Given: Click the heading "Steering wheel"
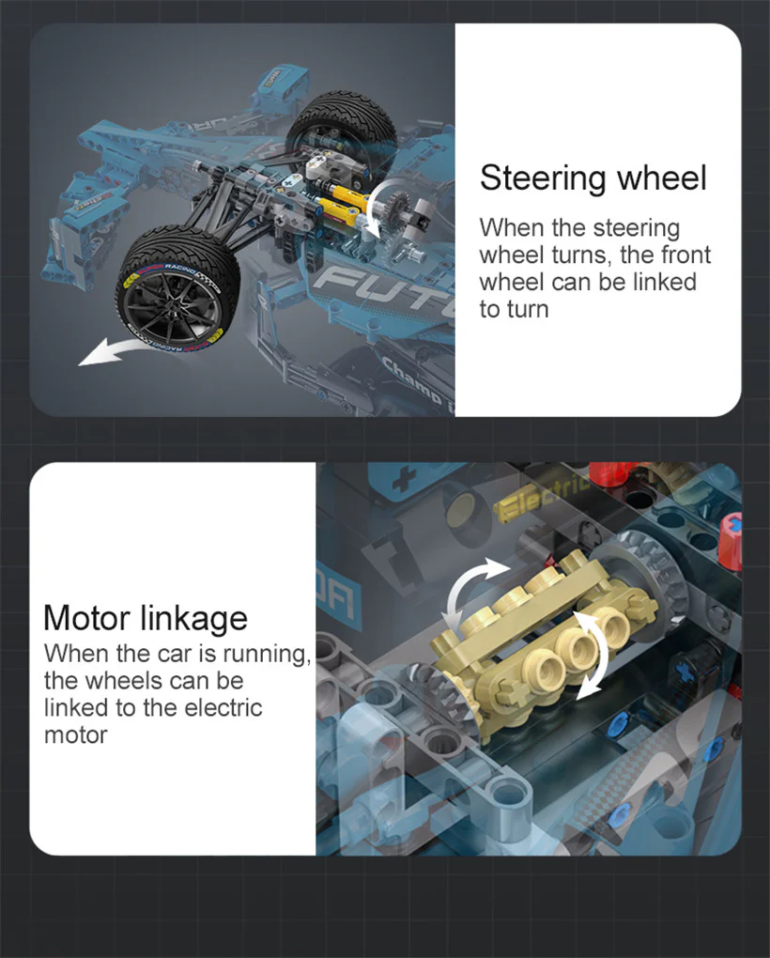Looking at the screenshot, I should coord(593,178).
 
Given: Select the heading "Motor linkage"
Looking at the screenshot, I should coord(146,618).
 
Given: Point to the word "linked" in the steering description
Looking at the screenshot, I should coord(661,282).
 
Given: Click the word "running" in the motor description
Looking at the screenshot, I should coord(263,653).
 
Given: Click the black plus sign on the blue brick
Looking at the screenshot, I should coord(404,481).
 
